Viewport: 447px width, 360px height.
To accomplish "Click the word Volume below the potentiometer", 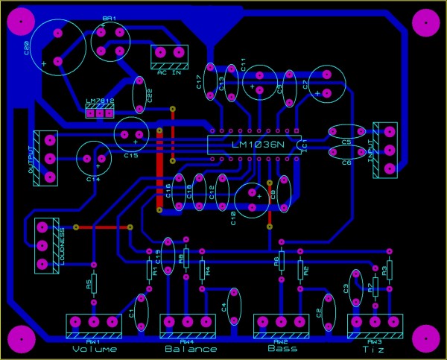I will pyautogui.click(x=95, y=349).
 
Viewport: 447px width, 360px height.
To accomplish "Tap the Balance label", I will pyautogui.click(x=191, y=349).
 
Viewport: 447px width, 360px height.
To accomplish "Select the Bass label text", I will pyautogui.click(x=282, y=348).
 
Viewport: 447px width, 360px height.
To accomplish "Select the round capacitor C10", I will pyautogui.click(x=252, y=200).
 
